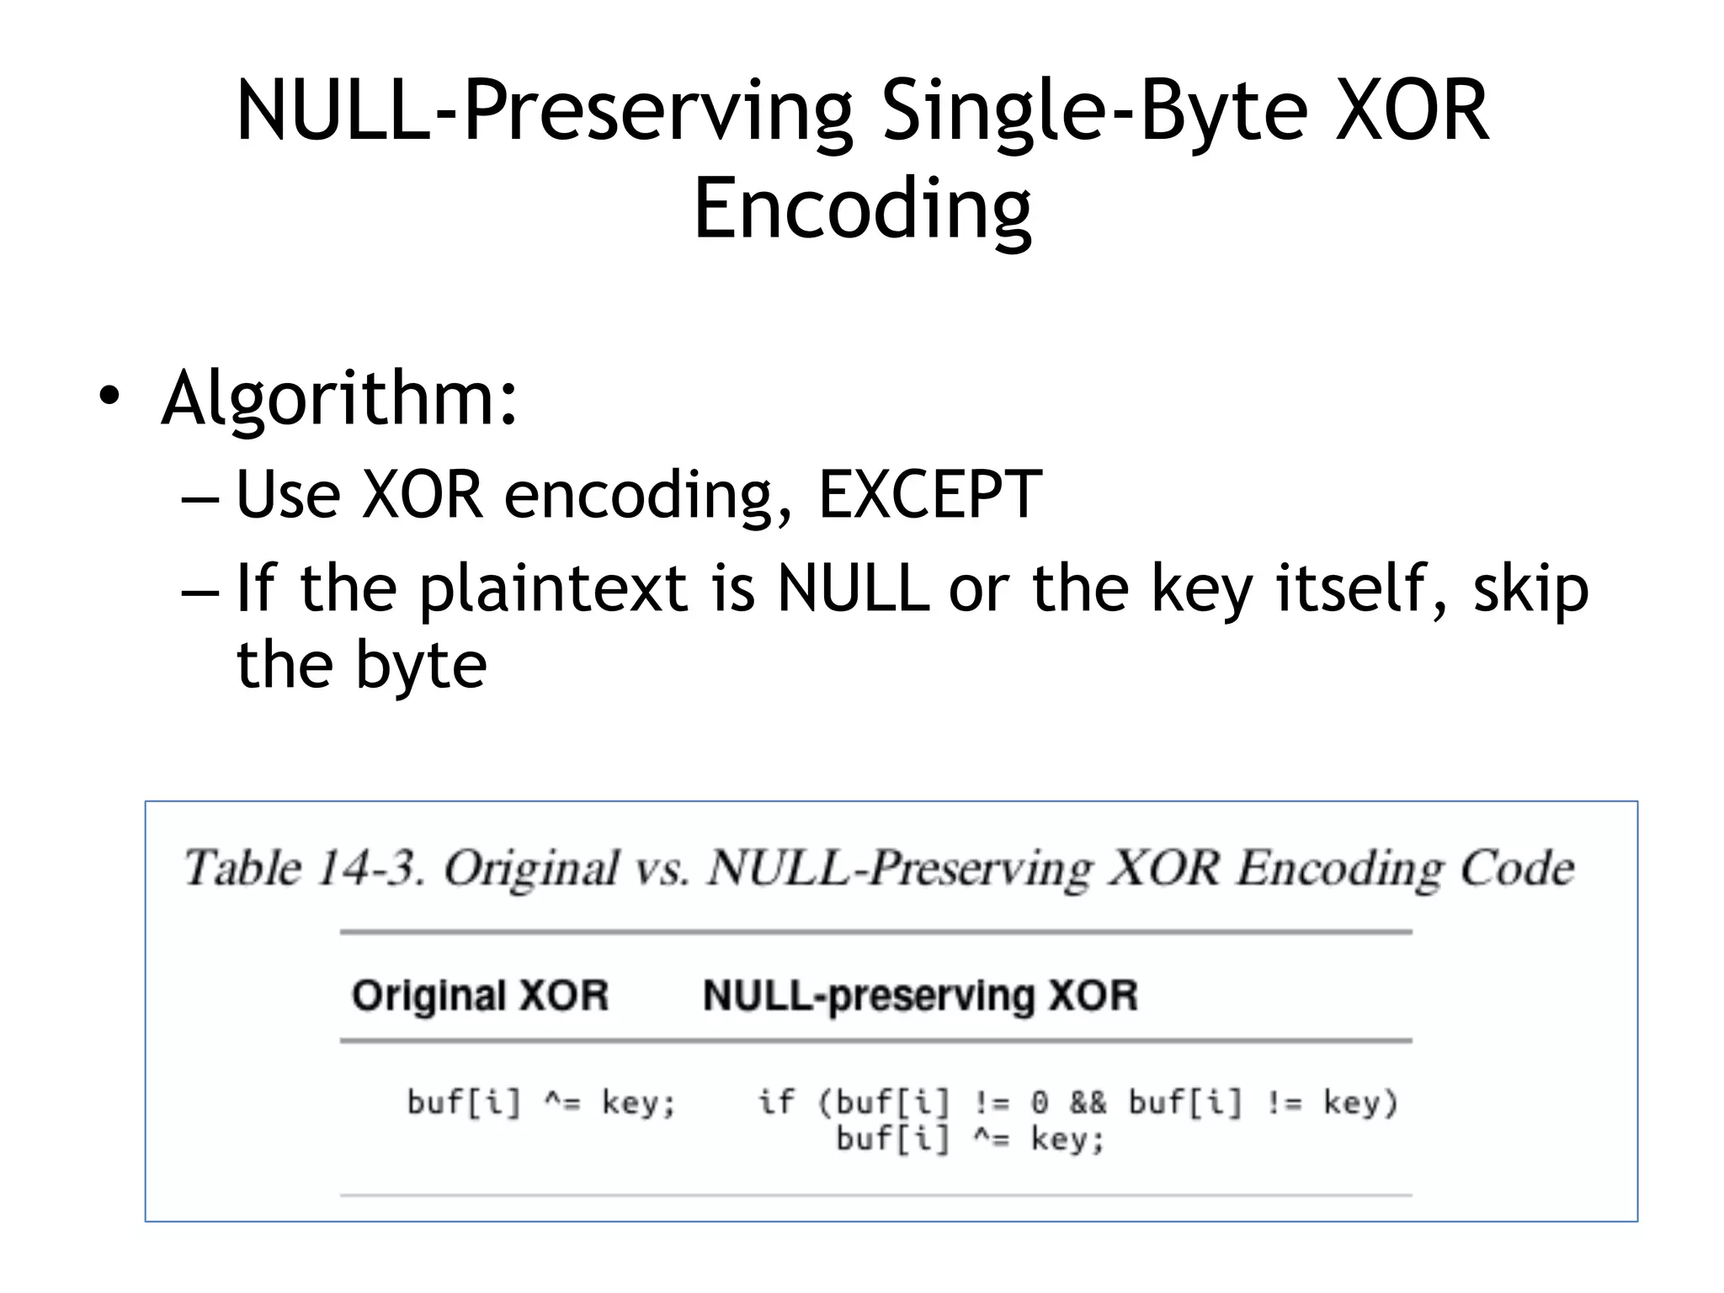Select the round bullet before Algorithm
(109, 396)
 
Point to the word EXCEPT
(930, 494)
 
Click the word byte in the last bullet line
(421, 665)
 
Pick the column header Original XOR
(480, 995)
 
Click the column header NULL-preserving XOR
(920, 995)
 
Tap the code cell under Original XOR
(540, 1102)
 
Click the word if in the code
(775, 1102)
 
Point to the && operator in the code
(1088, 1102)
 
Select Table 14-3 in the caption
(304, 868)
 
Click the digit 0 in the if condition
(1040, 1102)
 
